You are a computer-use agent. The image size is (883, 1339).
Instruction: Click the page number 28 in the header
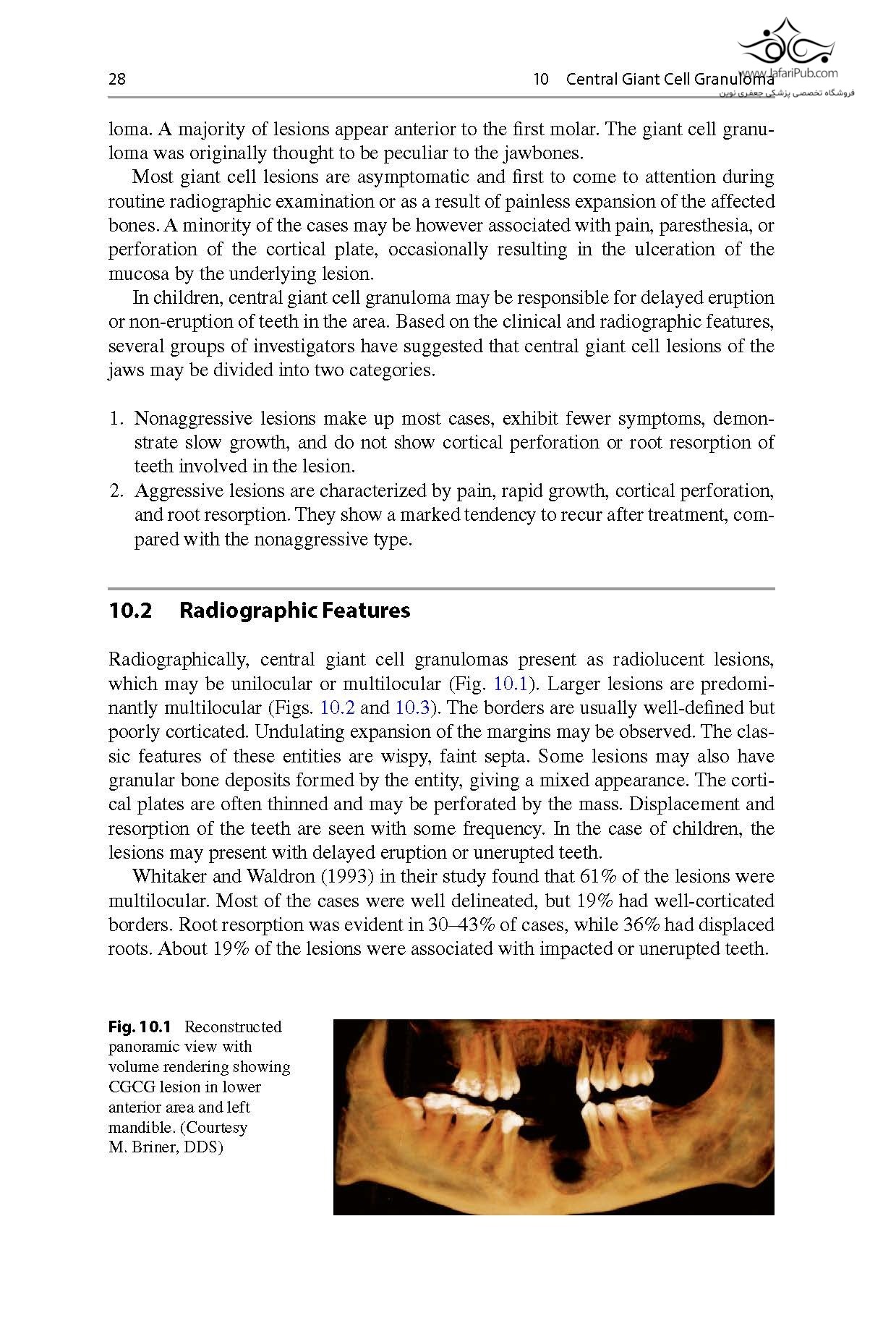point(116,80)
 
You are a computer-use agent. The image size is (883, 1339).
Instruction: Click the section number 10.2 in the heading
point(130,611)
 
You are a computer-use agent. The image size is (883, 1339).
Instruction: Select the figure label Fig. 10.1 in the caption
point(140,1026)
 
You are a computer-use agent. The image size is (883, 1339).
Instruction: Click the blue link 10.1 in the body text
point(511,684)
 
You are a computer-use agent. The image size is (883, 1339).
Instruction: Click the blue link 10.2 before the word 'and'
point(337,707)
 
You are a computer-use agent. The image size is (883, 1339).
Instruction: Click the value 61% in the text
point(598,877)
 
